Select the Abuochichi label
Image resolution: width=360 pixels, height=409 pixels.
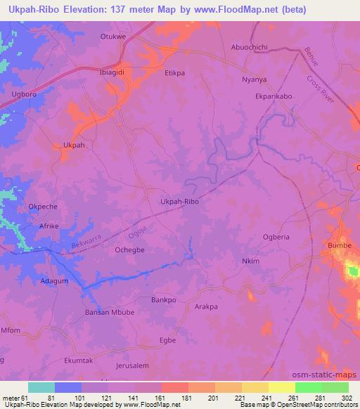coord(250,47)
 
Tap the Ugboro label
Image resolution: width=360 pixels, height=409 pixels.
coord(23,93)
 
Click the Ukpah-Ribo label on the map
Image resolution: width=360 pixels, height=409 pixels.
coord(179,202)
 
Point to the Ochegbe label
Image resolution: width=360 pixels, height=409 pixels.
coord(129,249)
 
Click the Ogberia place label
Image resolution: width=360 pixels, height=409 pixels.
coord(276,237)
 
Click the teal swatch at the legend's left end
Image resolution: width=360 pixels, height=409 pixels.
coord(41,387)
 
